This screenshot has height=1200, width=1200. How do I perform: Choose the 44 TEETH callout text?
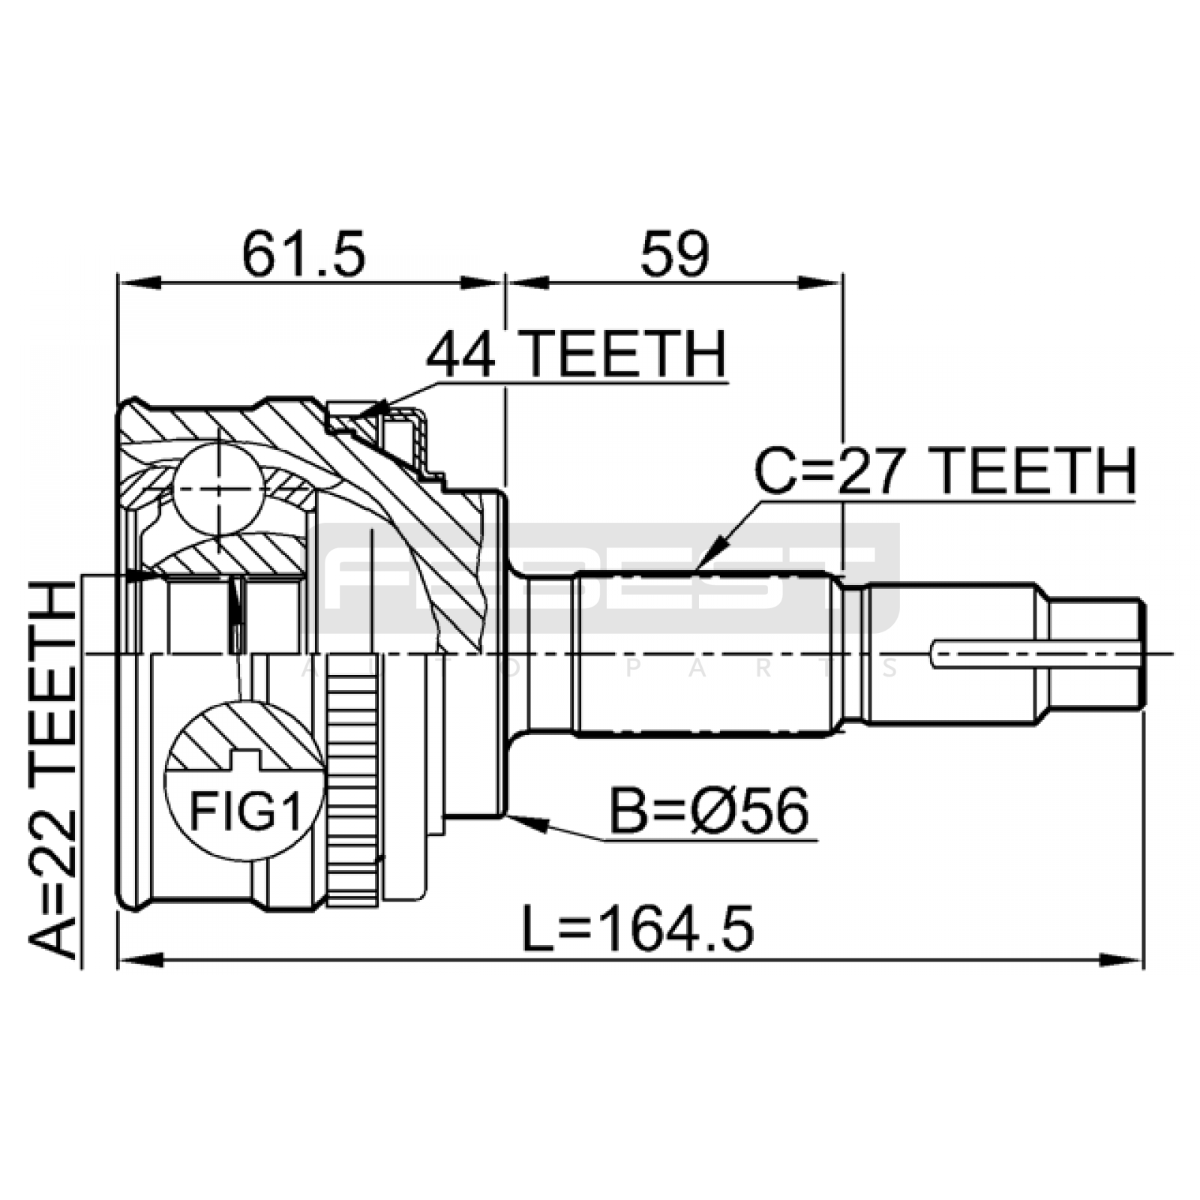576,354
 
